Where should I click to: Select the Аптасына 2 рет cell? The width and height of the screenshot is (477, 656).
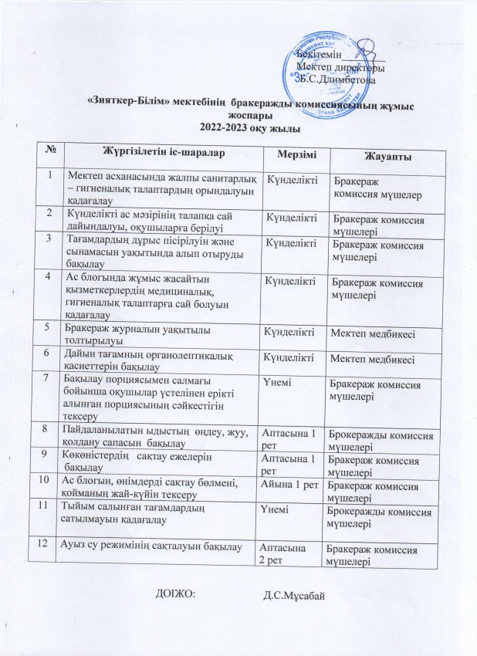(x=286, y=553)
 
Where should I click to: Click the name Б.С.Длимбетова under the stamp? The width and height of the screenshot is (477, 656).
(x=338, y=79)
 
